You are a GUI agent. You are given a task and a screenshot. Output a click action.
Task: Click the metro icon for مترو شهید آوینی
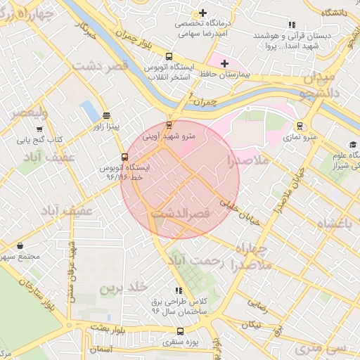pos(168,125)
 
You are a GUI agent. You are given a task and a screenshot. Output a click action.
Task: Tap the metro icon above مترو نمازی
pos(301,126)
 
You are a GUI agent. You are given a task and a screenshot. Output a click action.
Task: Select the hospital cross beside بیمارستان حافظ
pos(224,64)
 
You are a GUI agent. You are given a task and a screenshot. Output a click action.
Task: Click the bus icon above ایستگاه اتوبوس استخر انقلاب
pos(168,56)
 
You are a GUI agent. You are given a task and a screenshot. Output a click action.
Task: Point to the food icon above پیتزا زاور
pos(106,116)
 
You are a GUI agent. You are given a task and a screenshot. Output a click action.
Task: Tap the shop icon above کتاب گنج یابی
pos(39,129)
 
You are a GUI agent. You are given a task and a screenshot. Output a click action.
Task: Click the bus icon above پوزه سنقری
pos(180,332)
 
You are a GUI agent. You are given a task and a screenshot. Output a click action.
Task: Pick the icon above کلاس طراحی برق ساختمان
pos(179,290)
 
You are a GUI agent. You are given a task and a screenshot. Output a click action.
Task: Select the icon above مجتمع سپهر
pos(19,246)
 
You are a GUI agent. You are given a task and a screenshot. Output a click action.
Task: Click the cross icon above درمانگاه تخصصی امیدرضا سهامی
pos(203,13)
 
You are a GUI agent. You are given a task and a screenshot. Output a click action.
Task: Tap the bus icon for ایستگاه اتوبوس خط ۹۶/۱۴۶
pos(124,157)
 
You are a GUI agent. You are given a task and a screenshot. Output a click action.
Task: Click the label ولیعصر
pos(24,112)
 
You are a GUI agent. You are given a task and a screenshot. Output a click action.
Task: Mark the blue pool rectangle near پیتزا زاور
pos(90,111)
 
